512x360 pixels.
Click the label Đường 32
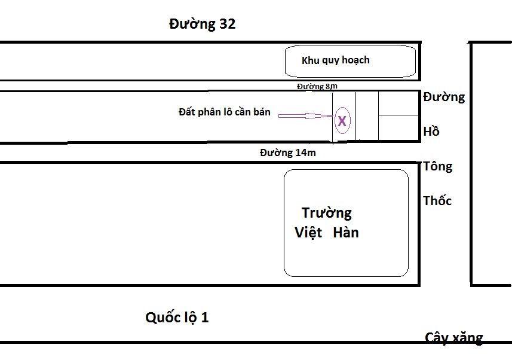[x=202, y=25]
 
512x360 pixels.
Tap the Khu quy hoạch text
[x=335, y=60]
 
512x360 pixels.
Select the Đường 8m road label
[x=317, y=86]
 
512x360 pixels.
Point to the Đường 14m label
[x=287, y=152]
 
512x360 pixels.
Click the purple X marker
[x=342, y=121]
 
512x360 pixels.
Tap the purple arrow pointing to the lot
[x=305, y=115]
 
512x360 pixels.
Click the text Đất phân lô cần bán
[x=229, y=112]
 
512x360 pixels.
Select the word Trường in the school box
[x=326, y=213]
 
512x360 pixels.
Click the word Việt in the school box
[x=308, y=233]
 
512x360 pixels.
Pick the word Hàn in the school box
[x=347, y=233]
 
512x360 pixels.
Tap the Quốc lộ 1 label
[x=177, y=318]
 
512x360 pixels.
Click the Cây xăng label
[x=454, y=338]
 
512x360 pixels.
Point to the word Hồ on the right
[x=431, y=132]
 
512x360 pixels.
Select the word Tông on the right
[x=437, y=166]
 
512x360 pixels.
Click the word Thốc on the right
[x=437, y=201]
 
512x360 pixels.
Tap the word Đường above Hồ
[x=443, y=97]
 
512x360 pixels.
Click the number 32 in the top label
[x=227, y=25]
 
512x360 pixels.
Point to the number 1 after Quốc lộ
[x=205, y=318]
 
